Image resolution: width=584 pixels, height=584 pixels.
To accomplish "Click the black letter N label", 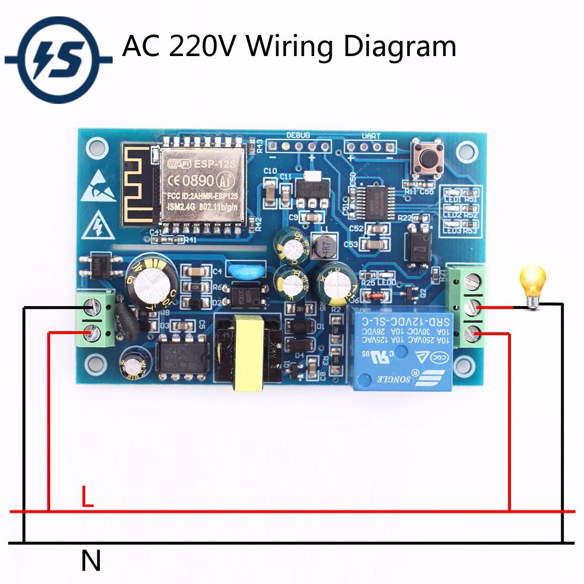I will coord(91,561).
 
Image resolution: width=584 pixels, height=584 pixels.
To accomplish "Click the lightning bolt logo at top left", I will coord(58,59).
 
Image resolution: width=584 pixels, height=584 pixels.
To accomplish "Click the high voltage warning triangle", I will coord(97,226).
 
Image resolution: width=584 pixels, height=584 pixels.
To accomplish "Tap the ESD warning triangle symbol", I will coord(96,186).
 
